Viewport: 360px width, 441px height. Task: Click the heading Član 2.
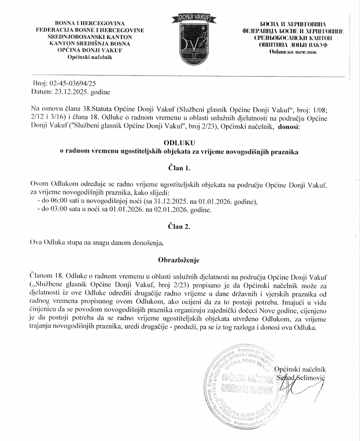179,227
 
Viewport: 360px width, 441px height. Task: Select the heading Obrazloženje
179,260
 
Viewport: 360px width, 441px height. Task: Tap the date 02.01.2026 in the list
166,210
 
